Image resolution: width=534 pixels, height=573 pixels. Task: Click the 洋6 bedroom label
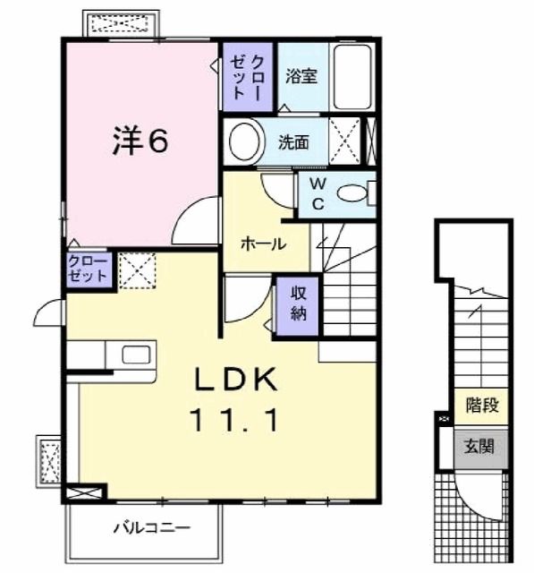tap(140, 140)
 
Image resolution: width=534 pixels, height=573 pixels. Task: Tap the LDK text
tap(235, 380)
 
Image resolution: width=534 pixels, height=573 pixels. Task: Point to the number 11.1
tap(233, 420)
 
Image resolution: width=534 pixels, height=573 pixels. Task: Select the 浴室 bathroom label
tap(301, 76)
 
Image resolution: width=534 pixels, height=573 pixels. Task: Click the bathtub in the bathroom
tap(353, 77)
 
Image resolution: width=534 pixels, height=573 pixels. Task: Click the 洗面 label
tap(293, 142)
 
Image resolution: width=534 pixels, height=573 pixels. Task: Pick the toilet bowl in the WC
tap(352, 193)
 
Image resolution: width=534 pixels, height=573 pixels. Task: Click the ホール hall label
tap(264, 244)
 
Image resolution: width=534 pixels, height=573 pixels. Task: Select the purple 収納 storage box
tap(298, 306)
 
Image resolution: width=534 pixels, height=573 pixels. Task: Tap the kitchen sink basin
tap(136, 355)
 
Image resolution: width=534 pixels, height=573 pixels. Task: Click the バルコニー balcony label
tap(152, 528)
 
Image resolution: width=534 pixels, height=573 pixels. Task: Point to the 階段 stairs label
tap(482, 405)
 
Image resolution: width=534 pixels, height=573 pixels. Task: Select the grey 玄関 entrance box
tap(481, 449)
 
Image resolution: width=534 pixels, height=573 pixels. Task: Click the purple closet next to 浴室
tap(248, 77)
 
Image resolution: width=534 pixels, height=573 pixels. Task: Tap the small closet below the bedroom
tap(89, 269)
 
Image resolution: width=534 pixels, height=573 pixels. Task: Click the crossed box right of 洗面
tap(344, 141)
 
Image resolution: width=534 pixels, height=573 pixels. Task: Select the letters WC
tap(318, 194)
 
